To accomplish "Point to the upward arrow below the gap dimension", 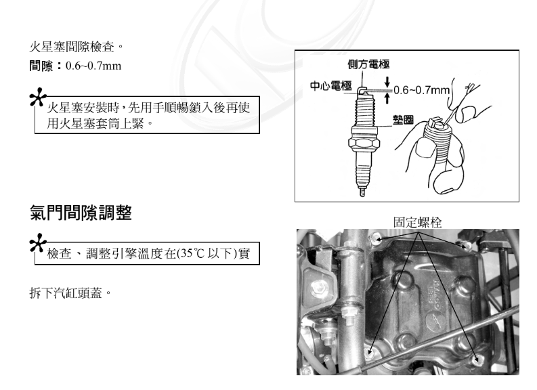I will pos(387,99).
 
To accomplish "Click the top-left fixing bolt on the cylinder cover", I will pos(377,237).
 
